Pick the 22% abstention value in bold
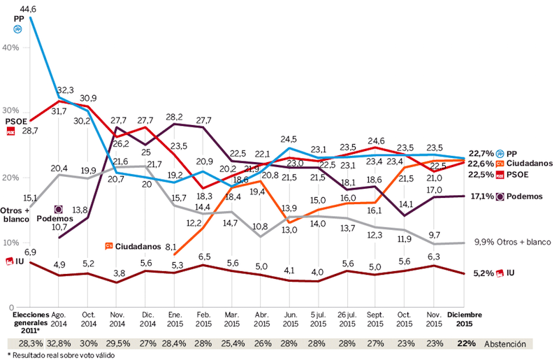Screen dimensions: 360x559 (x=467, y=343)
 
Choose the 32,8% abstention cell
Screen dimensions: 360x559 (x=58, y=343)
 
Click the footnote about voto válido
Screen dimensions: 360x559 (x=50, y=355)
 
